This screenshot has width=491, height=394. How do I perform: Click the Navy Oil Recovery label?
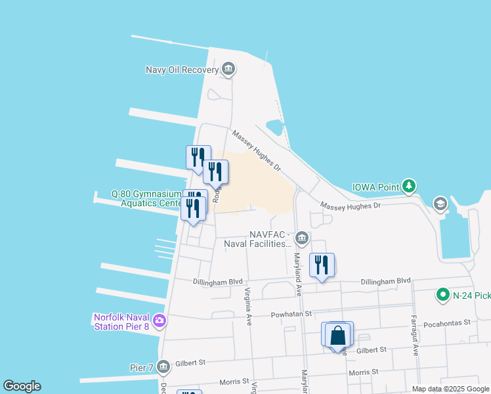pos(182,70)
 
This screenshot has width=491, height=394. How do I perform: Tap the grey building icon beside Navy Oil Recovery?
pos(228,69)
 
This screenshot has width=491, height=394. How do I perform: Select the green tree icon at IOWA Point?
pos(409,187)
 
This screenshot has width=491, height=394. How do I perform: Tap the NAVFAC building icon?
pos(301,237)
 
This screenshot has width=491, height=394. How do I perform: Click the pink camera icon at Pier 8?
pos(158,321)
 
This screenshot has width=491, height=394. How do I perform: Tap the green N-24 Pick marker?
pos(443,295)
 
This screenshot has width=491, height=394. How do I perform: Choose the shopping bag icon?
pos(337,336)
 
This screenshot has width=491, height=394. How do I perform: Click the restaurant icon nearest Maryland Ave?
pos(322,265)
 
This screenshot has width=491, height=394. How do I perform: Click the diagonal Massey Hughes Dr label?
pos(257,150)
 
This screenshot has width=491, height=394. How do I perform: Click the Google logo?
pos(22,386)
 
